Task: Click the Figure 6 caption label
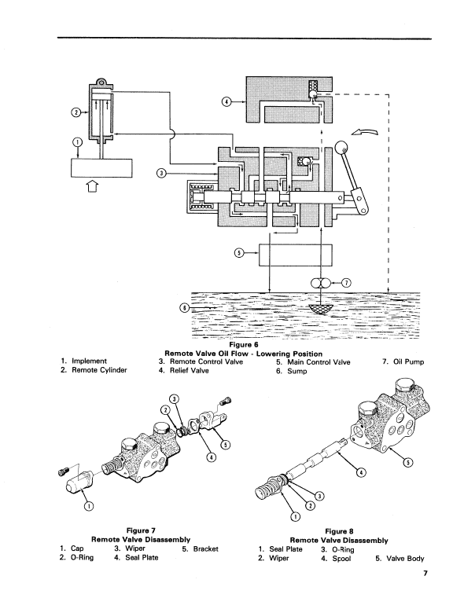point(244,345)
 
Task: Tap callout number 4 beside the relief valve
point(226,102)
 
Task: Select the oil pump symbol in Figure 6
point(321,283)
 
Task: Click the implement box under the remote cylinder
point(102,168)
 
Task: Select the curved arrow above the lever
point(364,132)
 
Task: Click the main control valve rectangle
point(296,255)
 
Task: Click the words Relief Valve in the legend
point(190,371)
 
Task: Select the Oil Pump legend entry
point(403,361)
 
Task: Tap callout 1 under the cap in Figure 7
point(89,506)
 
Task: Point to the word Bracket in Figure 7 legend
point(206,548)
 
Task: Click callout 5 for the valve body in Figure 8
point(408,463)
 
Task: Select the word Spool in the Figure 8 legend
point(341,559)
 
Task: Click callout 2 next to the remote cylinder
point(75,112)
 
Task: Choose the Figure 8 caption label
point(339,531)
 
